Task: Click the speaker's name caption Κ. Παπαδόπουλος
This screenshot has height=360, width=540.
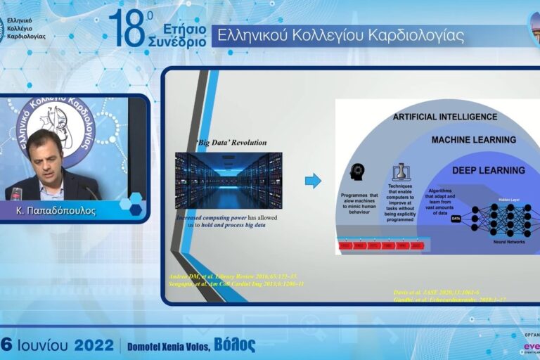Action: click(x=56, y=210)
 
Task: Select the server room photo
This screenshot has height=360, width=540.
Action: click(x=229, y=180)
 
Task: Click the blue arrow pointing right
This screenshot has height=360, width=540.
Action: click(x=313, y=181)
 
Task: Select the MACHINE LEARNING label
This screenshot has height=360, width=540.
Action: click(x=473, y=140)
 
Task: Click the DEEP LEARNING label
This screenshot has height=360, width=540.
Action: click(x=488, y=170)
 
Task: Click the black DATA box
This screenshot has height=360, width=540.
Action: click(x=456, y=219)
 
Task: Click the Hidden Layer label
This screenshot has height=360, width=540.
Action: click(x=506, y=200)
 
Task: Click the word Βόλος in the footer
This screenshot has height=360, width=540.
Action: click(x=234, y=345)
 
